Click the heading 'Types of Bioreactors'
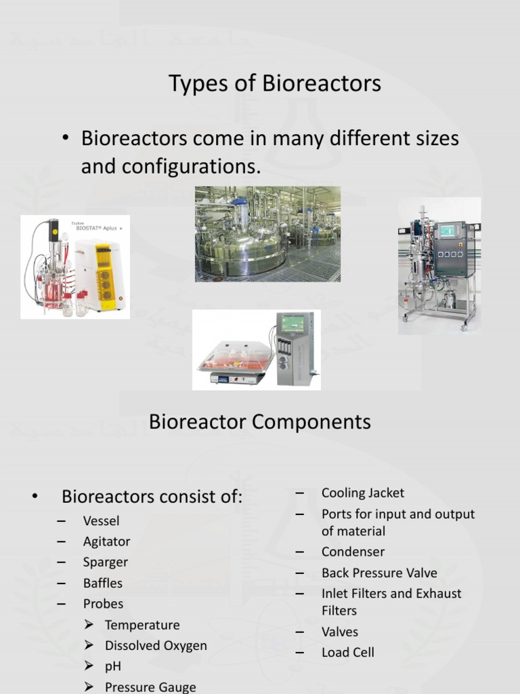pos(274,84)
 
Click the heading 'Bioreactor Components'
pos(259,422)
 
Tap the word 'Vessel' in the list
pos(101,521)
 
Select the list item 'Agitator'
pos(106,542)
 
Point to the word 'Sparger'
pos(105,563)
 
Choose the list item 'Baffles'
pos(103,583)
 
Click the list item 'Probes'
pos(103,604)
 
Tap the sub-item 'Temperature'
pos(142,625)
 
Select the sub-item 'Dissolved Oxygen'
pos(156,646)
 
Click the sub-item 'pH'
pos(113,666)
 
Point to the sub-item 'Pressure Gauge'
pos(150,687)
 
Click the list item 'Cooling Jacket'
pos(363,493)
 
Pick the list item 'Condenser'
pos(353,552)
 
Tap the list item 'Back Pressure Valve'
pos(379,573)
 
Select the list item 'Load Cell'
pos(348,653)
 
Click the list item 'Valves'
pos(340,632)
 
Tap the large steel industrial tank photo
pos(267,234)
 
